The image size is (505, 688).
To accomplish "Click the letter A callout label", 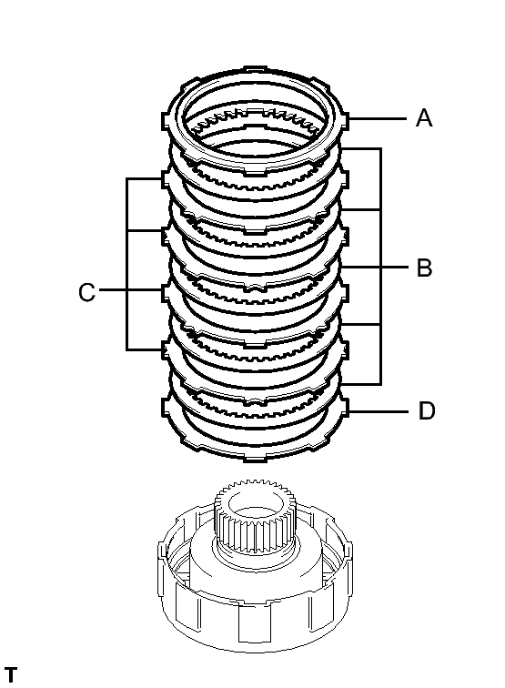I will [x=424, y=118].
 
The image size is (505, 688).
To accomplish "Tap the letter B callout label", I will [x=424, y=268].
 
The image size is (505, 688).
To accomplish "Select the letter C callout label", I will [x=86, y=293].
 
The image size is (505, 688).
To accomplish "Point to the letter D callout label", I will [x=426, y=411].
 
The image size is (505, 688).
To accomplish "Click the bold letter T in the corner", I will [x=10, y=675].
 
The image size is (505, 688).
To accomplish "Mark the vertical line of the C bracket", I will [x=126, y=264].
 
